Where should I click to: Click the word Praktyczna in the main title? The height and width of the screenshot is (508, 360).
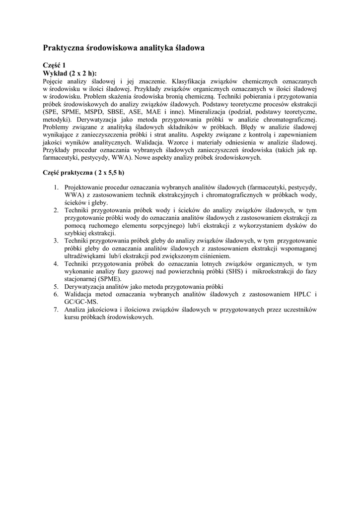click(64, 48)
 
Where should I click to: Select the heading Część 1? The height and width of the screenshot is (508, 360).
click(54, 65)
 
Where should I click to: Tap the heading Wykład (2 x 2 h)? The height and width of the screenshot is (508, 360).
click(70, 73)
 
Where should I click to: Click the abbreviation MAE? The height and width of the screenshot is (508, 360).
click(165, 112)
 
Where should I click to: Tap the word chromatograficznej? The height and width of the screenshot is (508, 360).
click(289, 120)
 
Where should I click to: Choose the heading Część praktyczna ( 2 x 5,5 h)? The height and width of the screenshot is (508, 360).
click(83, 173)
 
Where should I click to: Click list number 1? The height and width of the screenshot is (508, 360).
click(56, 188)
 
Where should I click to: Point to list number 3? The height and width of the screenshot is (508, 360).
click(56, 241)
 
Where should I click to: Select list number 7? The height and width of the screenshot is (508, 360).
click(56, 310)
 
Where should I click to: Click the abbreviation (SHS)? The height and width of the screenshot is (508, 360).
click(236, 271)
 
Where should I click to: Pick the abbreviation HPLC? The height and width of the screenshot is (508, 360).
click(302, 294)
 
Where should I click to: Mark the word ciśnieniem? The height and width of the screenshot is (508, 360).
click(214, 256)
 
